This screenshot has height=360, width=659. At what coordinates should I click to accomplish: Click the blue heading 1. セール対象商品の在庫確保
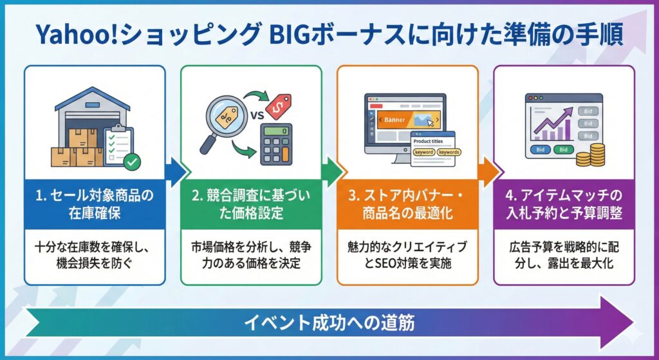(95, 204)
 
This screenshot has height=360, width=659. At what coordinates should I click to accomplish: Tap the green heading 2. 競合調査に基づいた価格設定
(251, 204)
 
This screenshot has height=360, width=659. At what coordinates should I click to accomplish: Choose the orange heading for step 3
(407, 204)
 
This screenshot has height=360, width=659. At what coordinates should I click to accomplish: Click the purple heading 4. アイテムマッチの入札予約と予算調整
(564, 204)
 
